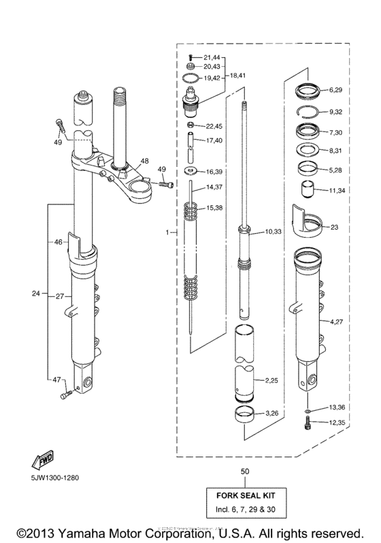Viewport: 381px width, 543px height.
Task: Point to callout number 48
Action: point(144,162)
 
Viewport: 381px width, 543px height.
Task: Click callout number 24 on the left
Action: point(36,295)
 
